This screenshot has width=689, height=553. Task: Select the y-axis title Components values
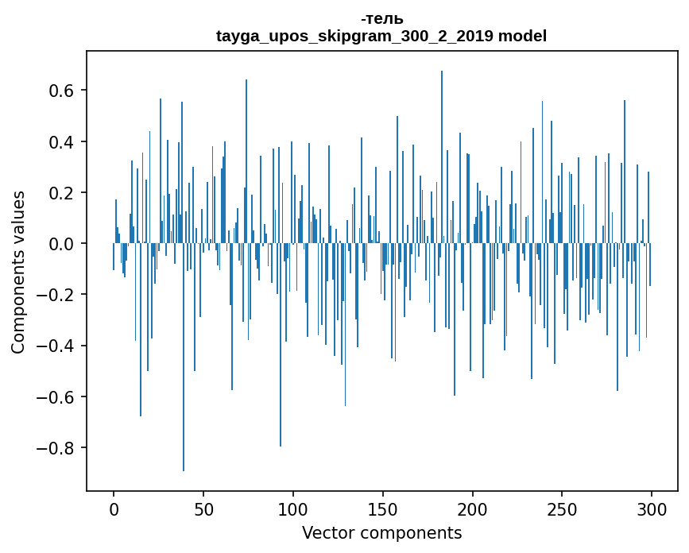click(18, 272)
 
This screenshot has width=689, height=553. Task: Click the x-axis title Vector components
click(381, 532)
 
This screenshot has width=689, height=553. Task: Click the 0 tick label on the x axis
click(114, 508)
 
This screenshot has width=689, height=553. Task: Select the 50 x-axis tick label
click(203, 508)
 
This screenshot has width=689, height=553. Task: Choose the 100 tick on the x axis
click(293, 508)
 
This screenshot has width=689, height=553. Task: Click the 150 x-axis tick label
click(383, 508)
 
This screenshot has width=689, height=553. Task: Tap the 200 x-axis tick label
click(473, 508)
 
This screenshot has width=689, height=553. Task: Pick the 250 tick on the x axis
click(563, 508)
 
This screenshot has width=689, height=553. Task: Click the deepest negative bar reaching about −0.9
click(184, 397)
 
